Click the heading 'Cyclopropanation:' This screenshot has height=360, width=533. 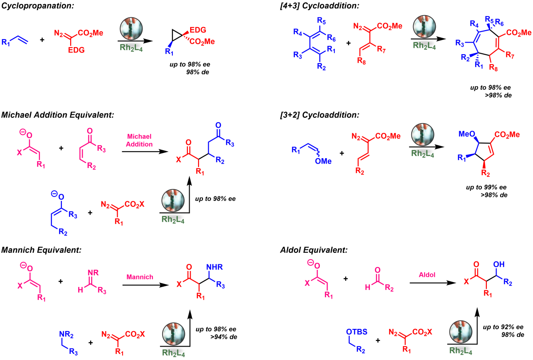(38, 6)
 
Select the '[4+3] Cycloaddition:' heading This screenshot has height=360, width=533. (319, 6)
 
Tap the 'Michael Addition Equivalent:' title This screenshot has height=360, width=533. (58, 115)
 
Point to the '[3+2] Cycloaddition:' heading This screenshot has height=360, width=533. (319, 115)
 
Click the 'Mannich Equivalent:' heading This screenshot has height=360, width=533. (41, 250)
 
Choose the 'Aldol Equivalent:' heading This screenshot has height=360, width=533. (314, 250)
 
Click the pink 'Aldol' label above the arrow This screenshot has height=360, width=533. (427, 275)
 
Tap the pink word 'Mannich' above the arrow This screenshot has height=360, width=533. (139, 277)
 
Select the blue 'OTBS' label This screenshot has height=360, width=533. (356, 332)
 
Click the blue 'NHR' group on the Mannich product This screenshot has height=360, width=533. (215, 267)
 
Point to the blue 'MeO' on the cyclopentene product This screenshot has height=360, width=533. (467, 134)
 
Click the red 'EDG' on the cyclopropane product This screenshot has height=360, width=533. (198, 30)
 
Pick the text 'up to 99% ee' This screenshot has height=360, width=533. (486, 187)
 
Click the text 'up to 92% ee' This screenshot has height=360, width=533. (503, 327)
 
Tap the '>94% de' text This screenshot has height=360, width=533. (224, 337)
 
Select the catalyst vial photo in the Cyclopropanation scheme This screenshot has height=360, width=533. (131, 28)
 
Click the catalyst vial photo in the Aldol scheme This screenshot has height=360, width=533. (461, 332)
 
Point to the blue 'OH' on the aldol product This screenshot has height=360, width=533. (499, 264)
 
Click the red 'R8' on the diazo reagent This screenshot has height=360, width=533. (362, 61)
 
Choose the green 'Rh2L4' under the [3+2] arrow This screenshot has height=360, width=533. (422, 154)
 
